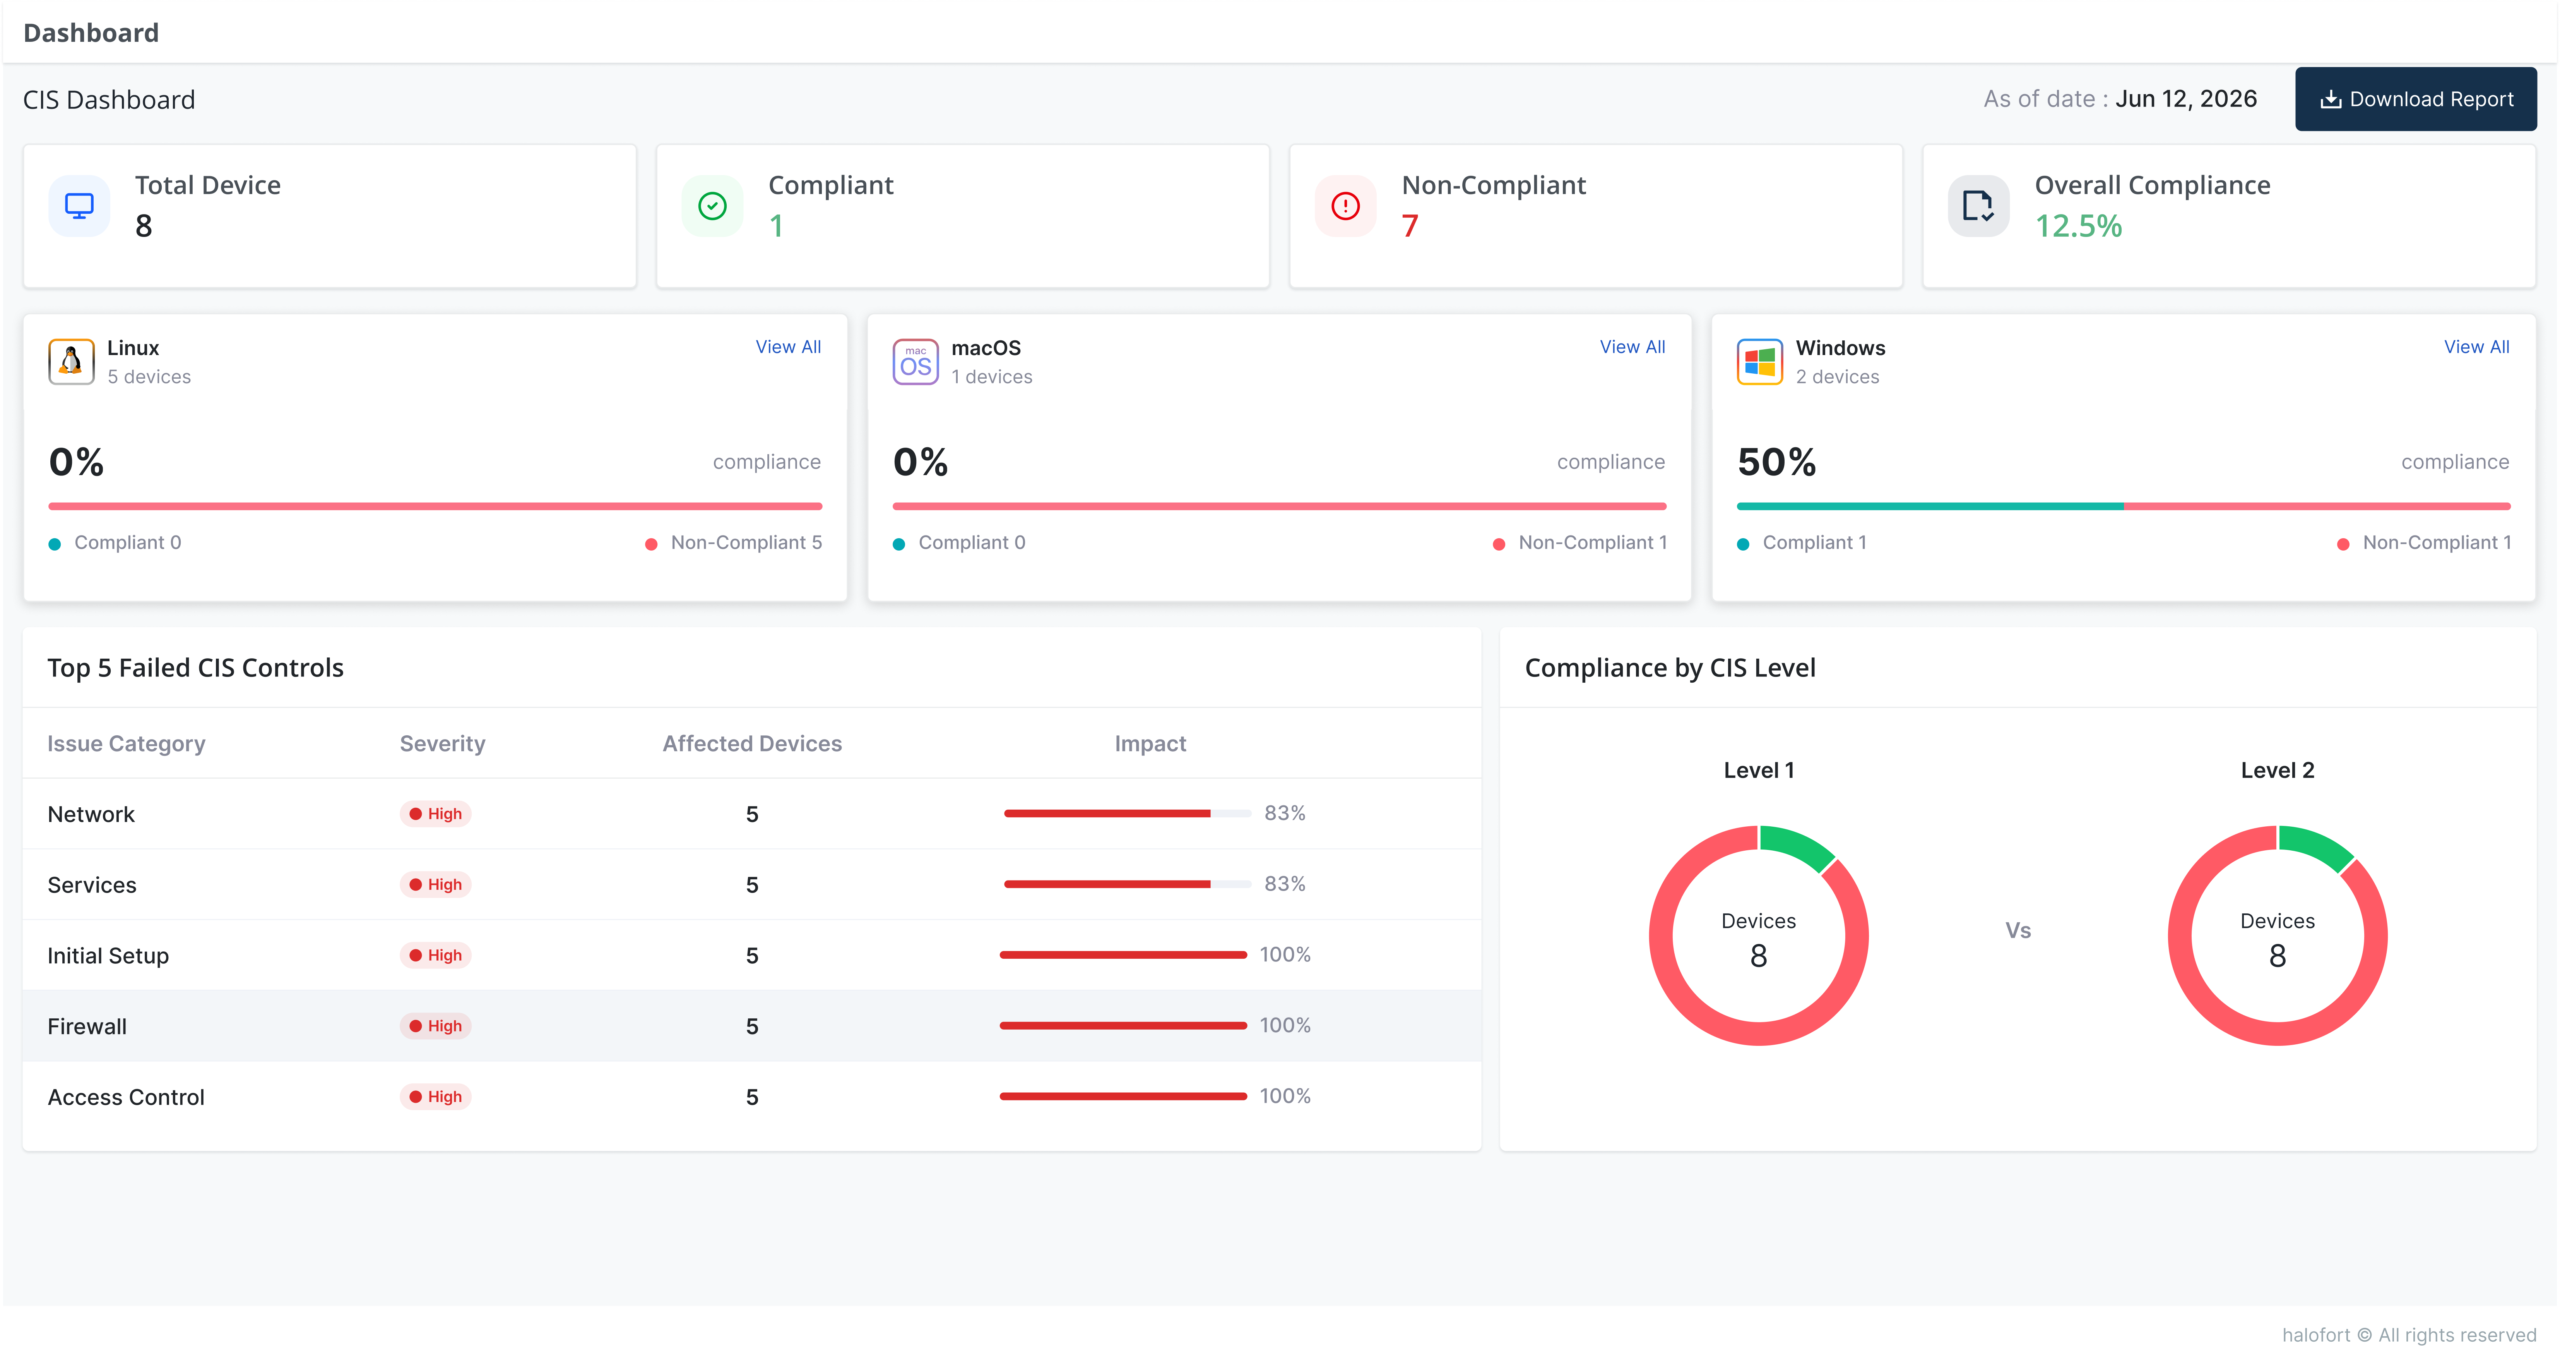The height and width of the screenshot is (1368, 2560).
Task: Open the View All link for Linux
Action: [788, 347]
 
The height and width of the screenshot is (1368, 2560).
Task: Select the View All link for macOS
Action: [1632, 347]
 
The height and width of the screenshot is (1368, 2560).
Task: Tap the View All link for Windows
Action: [2476, 347]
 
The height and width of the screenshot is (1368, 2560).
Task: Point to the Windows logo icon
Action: [1759, 361]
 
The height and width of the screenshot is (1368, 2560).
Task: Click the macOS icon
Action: [915, 361]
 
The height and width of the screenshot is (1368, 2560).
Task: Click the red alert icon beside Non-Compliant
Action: [1346, 206]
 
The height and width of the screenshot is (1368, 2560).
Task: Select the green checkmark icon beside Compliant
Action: [712, 206]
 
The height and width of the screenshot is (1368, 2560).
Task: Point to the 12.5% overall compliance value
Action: [2078, 226]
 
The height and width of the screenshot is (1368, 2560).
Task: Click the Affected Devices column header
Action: [752, 744]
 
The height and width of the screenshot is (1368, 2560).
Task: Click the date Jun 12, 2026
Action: [2186, 100]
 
